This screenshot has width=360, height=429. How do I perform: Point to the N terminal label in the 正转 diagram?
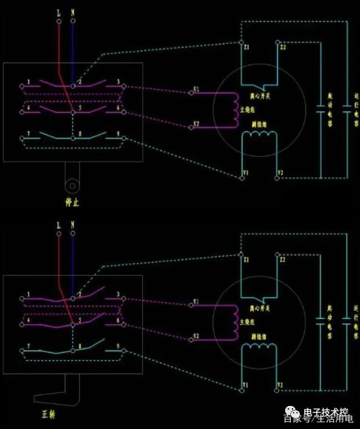tap(73, 225)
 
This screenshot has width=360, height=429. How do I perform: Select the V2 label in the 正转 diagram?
tap(281, 385)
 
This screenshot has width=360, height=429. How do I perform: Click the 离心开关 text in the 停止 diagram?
tap(259, 96)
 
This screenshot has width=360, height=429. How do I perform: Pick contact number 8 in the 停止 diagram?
tap(80, 134)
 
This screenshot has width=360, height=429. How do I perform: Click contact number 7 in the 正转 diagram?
tap(28, 346)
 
